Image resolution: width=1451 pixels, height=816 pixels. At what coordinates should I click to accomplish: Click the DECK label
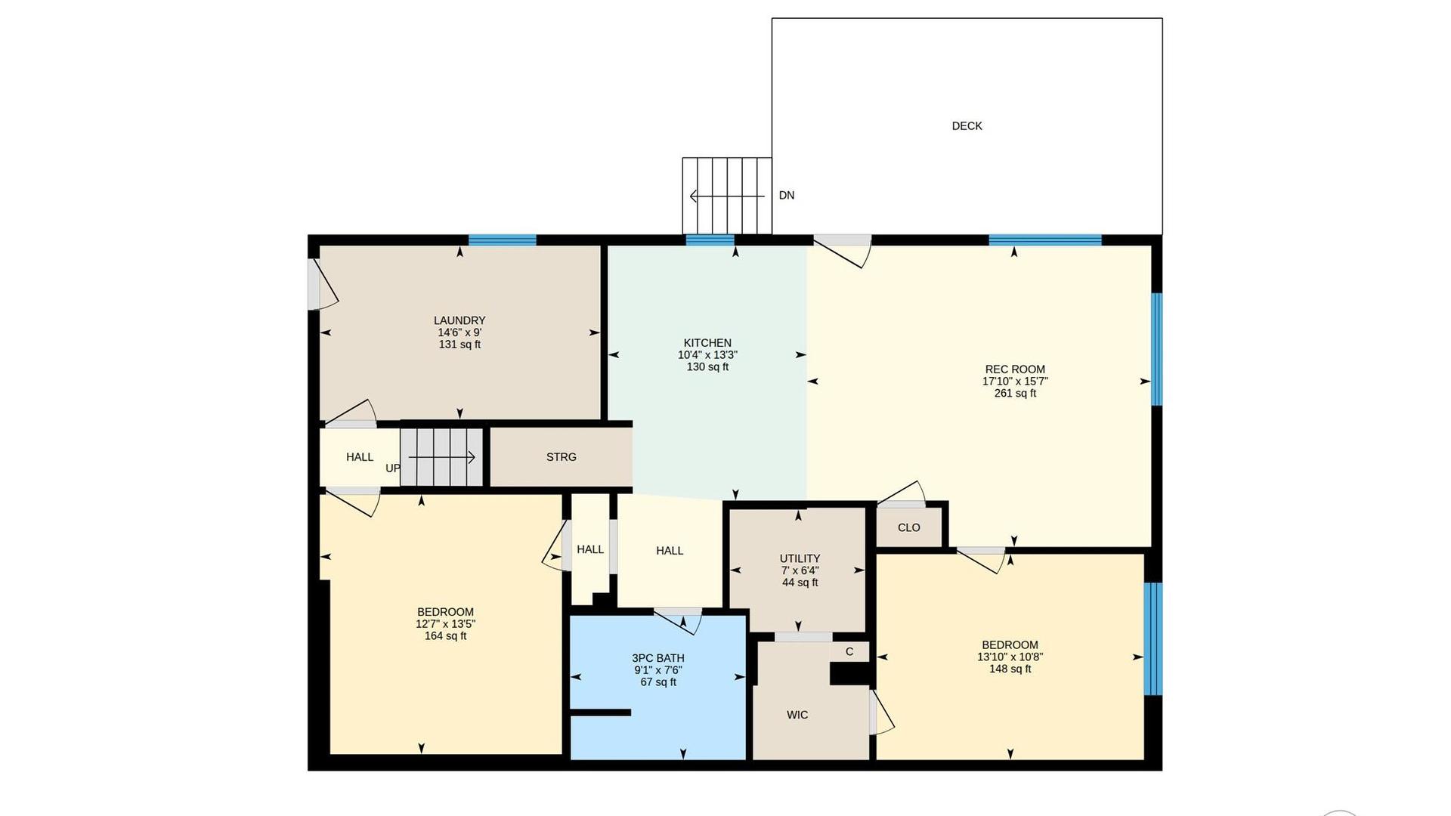967,126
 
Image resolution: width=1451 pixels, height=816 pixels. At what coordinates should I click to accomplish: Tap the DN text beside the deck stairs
787,195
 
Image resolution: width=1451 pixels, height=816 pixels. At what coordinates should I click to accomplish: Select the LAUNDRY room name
459,320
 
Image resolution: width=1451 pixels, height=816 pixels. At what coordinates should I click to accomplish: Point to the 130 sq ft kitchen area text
707,367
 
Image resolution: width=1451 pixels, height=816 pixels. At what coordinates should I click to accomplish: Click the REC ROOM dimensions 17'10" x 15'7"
1015,382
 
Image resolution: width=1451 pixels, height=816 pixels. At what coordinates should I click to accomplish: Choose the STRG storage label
562,457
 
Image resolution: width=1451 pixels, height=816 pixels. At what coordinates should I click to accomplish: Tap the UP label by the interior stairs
393,468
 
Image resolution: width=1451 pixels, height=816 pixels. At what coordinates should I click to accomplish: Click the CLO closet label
909,527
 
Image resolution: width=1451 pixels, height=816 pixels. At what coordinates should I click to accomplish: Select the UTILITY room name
800,558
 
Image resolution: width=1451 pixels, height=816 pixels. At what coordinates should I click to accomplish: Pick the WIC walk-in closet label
797,715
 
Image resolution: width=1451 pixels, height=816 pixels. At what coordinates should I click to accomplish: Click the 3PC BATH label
658,658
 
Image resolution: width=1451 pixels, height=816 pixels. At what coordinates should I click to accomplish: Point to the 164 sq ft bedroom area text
445,636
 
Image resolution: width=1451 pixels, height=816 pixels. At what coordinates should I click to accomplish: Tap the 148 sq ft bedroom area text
1010,669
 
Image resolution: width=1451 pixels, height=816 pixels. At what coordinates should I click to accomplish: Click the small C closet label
849,651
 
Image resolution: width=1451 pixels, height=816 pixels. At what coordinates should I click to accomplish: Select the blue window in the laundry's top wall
503,240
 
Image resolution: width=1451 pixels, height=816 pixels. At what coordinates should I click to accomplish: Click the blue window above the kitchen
710,240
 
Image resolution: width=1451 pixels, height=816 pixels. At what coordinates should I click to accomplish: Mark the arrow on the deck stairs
727,196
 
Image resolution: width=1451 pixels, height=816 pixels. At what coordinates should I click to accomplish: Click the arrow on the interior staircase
441,457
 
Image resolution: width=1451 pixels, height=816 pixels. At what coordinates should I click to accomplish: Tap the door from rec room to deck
843,249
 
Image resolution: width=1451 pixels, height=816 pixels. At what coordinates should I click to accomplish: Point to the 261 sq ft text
1015,394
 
